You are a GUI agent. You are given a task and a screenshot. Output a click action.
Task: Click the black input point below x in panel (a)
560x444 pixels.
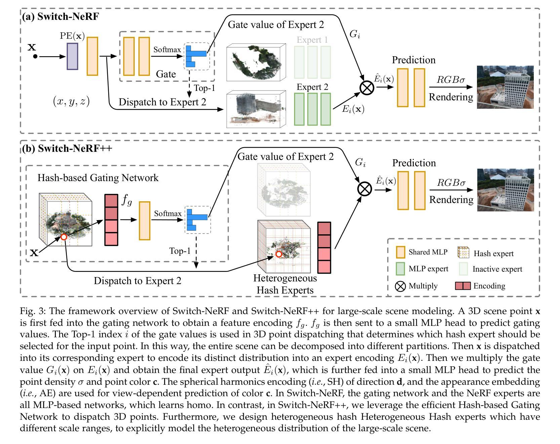[35, 57]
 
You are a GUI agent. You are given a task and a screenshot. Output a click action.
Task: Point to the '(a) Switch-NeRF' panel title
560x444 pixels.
[61, 16]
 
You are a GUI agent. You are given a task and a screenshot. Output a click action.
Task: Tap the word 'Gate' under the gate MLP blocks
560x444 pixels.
[166, 74]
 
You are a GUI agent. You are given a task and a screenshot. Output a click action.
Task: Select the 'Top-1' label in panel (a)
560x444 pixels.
[204, 88]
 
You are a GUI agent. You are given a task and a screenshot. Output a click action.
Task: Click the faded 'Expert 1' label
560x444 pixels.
[312, 40]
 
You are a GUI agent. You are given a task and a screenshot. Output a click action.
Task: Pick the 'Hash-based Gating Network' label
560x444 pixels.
[98, 177]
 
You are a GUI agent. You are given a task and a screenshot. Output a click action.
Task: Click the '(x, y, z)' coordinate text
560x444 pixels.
[71, 101]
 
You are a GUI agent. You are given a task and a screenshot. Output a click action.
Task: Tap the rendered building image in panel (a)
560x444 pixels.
[505, 87]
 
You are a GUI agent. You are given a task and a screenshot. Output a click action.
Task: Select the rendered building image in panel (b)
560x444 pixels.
[505, 190]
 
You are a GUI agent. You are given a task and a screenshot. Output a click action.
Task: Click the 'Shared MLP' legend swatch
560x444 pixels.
[400, 252]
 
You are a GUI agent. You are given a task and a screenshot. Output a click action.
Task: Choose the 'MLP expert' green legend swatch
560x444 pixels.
[400, 269]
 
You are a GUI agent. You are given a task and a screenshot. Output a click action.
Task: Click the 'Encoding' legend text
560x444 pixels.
[489, 286]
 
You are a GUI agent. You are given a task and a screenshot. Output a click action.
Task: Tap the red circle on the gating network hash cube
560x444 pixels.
[64, 237]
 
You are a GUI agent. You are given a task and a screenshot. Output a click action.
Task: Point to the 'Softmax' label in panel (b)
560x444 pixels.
[168, 213]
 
